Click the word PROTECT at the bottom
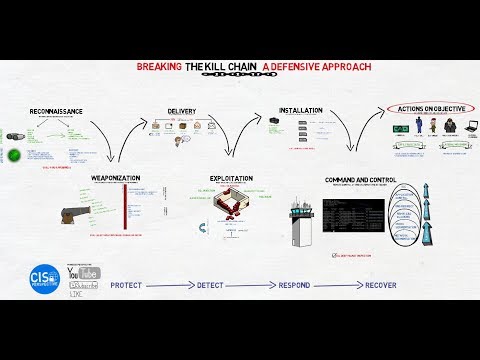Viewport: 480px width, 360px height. click(127, 285)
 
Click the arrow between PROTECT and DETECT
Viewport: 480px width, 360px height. click(170, 285)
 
